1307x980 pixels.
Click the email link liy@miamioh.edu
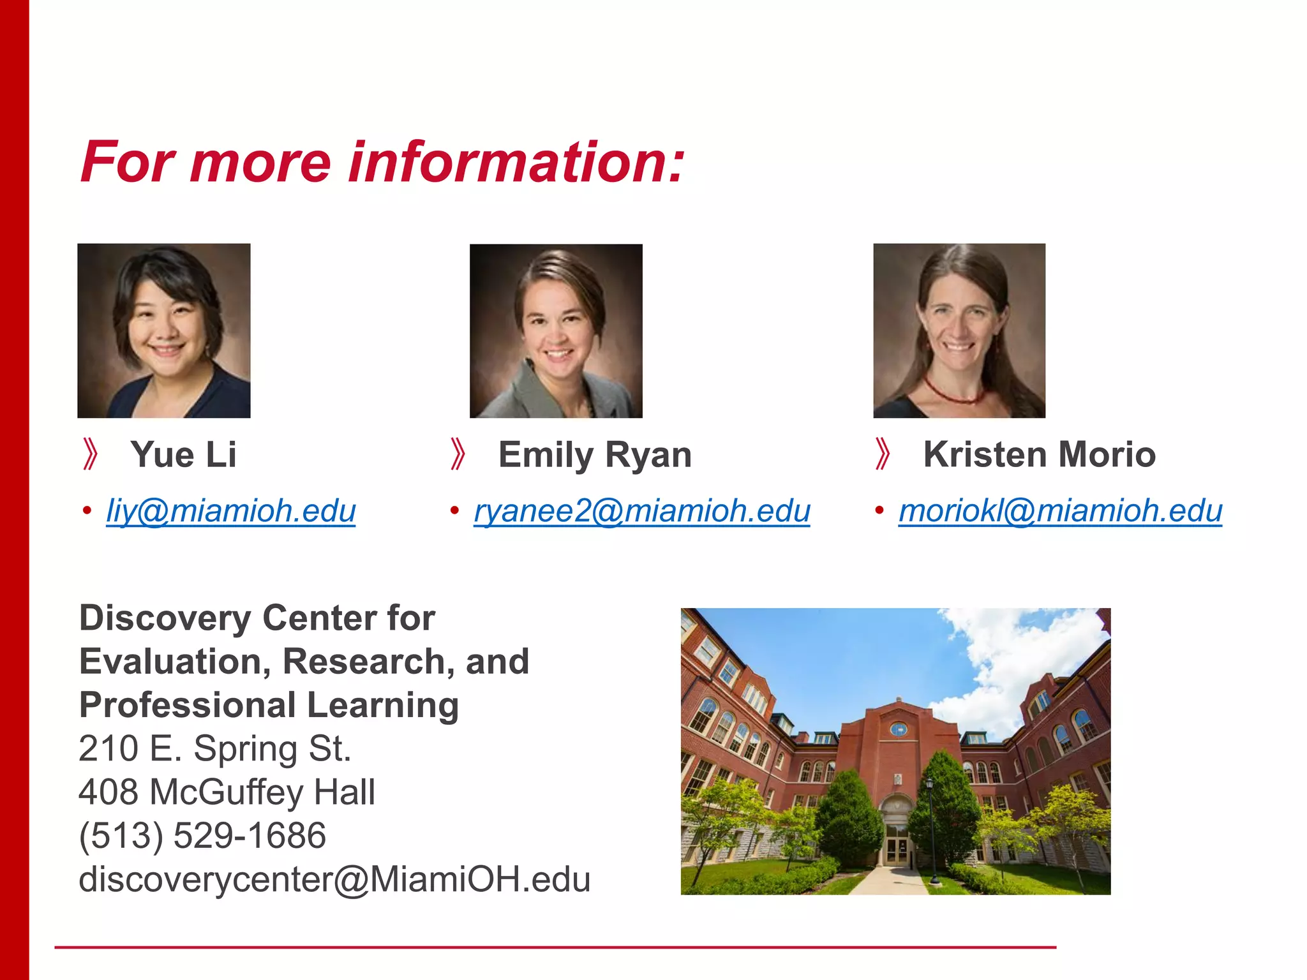(230, 511)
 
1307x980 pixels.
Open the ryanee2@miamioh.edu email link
(641, 511)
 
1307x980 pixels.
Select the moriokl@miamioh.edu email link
(1060, 511)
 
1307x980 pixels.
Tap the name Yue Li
(183, 455)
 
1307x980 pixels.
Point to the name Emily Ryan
(595, 455)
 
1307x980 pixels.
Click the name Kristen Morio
(1039, 455)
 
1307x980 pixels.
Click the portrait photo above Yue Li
(164, 330)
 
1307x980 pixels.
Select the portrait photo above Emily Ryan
(556, 330)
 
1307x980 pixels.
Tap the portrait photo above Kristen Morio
(959, 330)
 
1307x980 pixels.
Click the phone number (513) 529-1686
(202, 836)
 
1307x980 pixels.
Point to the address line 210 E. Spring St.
(215, 749)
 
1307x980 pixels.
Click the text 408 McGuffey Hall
(227, 792)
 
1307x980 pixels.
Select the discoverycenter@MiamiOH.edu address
(334, 880)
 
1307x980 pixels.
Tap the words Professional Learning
(269, 706)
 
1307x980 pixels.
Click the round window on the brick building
(899, 729)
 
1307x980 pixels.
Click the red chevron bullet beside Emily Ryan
(458, 454)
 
